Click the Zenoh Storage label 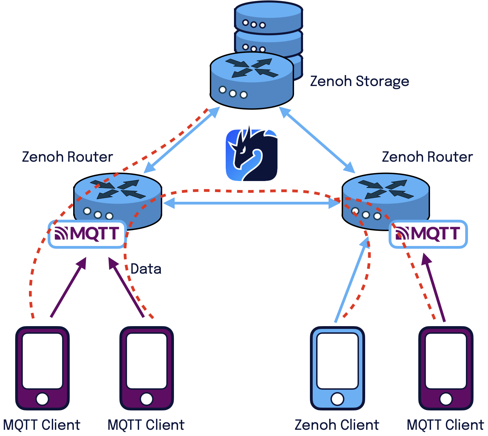point(359,82)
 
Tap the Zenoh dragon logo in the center point(252,155)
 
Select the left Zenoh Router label point(67,157)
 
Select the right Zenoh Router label point(427,157)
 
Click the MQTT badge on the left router point(87,234)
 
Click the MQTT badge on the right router point(428,234)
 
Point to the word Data point(146,269)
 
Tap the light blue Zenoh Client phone point(337,368)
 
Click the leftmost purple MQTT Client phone point(42,368)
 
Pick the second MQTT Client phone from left point(146,368)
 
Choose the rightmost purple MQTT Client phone point(446,368)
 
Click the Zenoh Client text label point(336,425)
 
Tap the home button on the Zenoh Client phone point(337,399)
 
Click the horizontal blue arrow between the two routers point(251,203)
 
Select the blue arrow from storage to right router point(317,140)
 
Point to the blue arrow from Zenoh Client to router point(351,280)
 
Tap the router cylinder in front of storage point(252,80)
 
